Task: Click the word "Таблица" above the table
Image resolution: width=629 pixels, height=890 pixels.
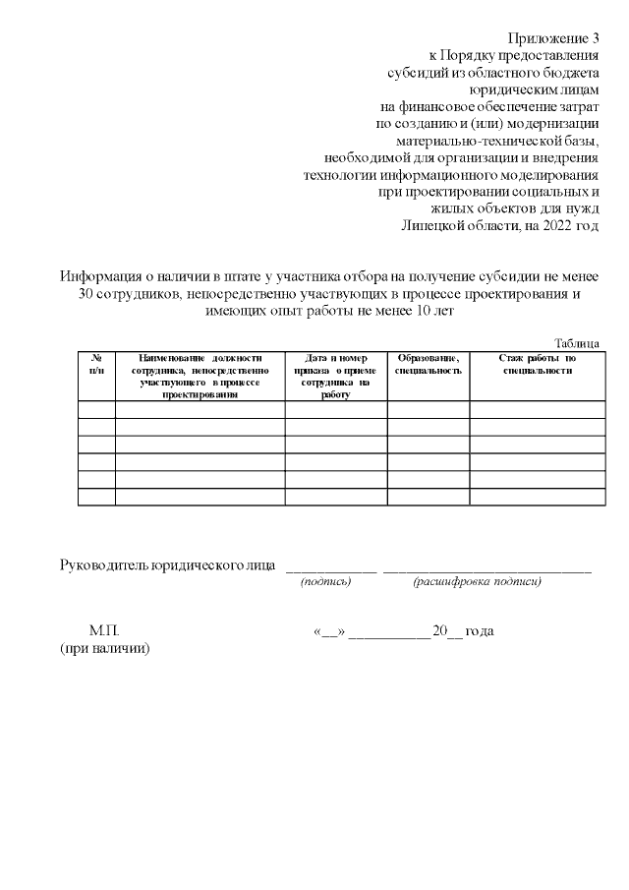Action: [577, 342]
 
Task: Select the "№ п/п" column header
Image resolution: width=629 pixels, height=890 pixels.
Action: [96, 364]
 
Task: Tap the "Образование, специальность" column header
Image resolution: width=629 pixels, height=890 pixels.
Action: [428, 364]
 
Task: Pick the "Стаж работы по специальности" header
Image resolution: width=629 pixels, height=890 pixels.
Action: [537, 364]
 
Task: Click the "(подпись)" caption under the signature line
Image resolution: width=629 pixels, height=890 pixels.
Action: [325, 582]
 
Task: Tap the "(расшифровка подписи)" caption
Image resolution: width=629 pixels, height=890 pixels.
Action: [477, 582]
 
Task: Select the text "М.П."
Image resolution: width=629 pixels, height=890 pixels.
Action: [104, 630]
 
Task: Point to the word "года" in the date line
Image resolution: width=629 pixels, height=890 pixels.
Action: [480, 630]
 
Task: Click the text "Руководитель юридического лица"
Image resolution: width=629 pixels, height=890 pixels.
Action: [168, 565]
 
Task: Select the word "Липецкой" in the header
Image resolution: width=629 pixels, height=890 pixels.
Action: [434, 225]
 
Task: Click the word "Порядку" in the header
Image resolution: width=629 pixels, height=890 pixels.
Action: [479, 54]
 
